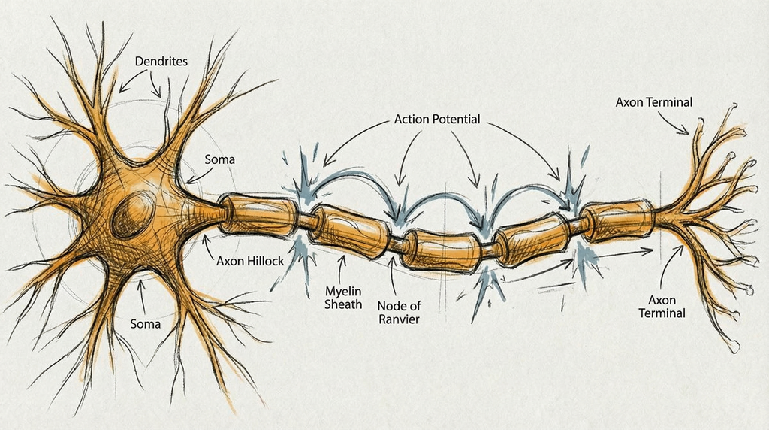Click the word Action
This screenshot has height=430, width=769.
(418, 120)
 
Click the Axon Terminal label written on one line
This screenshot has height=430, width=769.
(653, 102)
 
